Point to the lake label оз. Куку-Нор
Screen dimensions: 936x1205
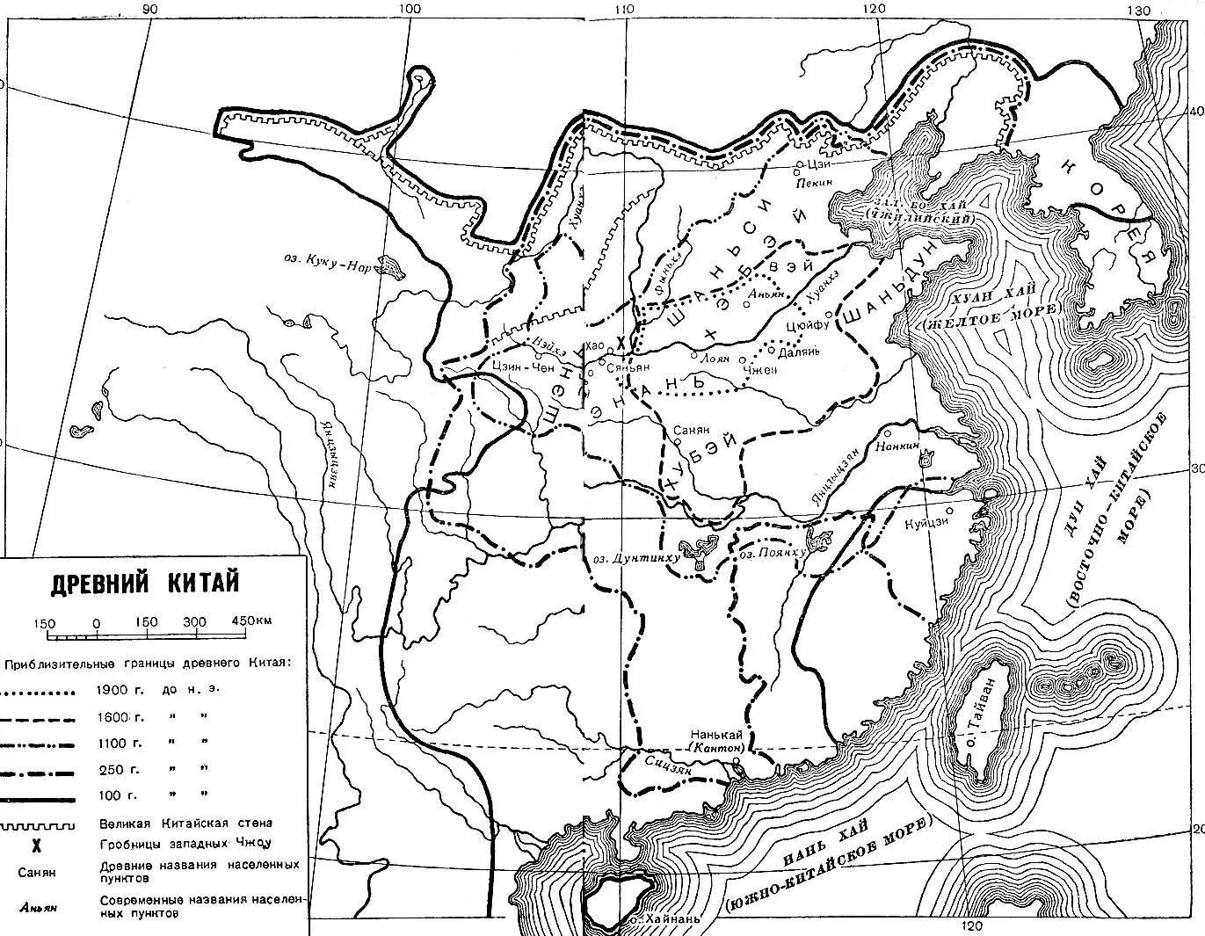pyautogui.click(x=326, y=263)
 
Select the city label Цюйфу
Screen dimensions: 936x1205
pyautogui.click(x=808, y=325)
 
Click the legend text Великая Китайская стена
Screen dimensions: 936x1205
pyautogui.click(x=186, y=824)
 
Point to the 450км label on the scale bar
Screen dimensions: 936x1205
pyautogui.click(x=252, y=621)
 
